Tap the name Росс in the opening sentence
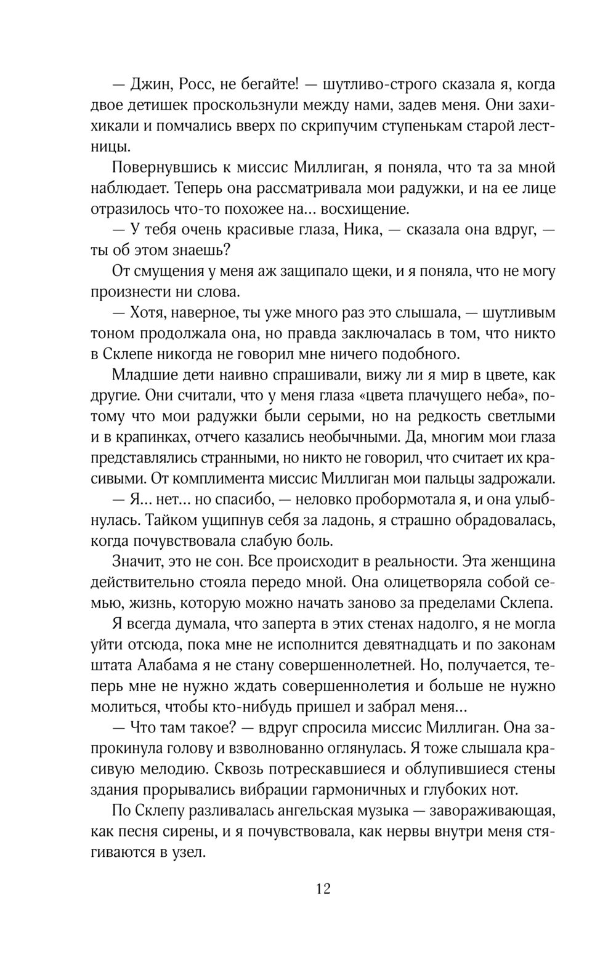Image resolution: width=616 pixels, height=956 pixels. pyautogui.click(x=198, y=84)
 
